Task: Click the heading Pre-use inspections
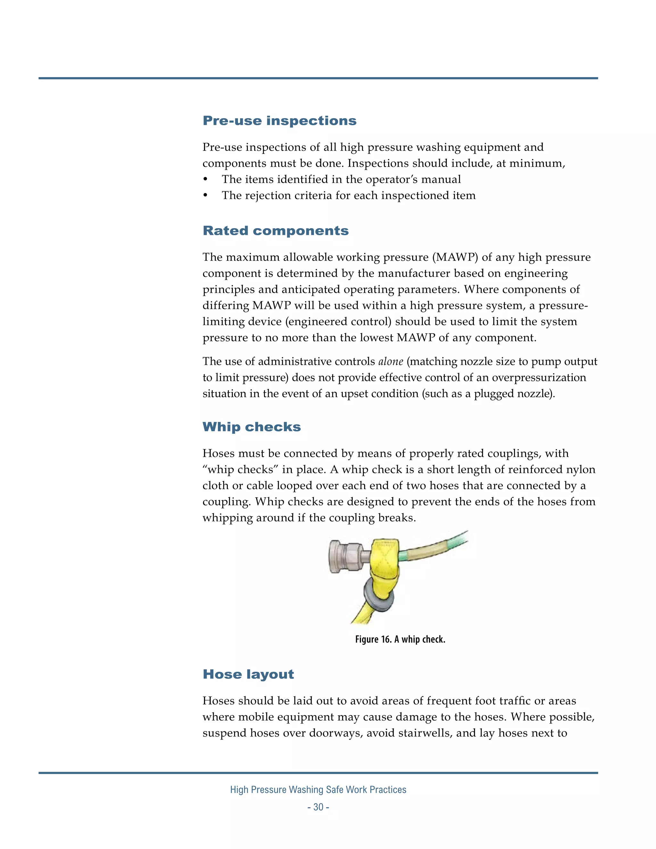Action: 279,120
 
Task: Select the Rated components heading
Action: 275,231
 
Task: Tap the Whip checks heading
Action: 251,427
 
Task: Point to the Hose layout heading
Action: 248,674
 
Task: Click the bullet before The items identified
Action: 206,180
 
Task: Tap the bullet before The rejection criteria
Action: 206,195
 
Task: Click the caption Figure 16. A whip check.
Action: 400,639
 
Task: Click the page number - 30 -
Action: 318,807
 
